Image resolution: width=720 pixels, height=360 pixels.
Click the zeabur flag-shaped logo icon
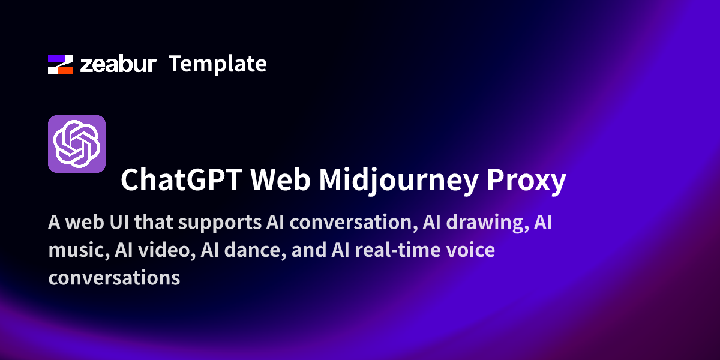click(x=61, y=64)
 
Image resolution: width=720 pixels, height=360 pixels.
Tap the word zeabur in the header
click(x=118, y=64)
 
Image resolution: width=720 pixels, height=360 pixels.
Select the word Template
click(x=218, y=65)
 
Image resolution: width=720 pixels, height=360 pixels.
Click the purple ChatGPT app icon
click(x=77, y=144)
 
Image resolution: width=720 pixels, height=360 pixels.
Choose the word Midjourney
click(x=398, y=182)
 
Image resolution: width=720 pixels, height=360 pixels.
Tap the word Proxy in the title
click(x=526, y=182)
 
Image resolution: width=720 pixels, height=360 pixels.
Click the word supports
click(x=220, y=224)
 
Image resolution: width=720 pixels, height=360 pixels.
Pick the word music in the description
click(x=79, y=250)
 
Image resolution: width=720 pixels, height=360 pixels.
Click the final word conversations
click(x=114, y=278)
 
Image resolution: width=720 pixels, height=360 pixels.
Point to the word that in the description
click(x=154, y=222)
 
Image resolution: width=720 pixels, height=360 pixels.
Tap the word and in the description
click(x=308, y=250)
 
